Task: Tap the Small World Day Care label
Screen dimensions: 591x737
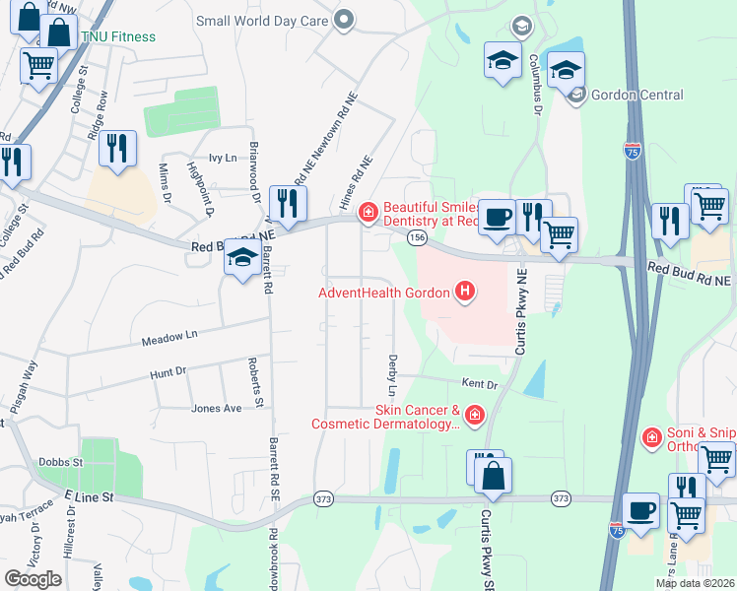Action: (264, 20)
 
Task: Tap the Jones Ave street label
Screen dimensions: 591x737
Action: (217, 408)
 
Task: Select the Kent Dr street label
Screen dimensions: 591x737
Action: (480, 382)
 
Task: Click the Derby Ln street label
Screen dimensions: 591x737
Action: (392, 374)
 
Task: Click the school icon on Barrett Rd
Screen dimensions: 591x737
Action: (242, 259)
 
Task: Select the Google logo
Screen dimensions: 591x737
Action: (33, 579)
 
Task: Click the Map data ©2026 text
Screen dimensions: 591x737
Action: (696, 583)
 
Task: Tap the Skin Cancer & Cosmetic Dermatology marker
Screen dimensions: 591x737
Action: (475, 417)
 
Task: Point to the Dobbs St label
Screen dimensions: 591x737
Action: (57, 461)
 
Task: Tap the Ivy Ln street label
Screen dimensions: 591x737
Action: (224, 158)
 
